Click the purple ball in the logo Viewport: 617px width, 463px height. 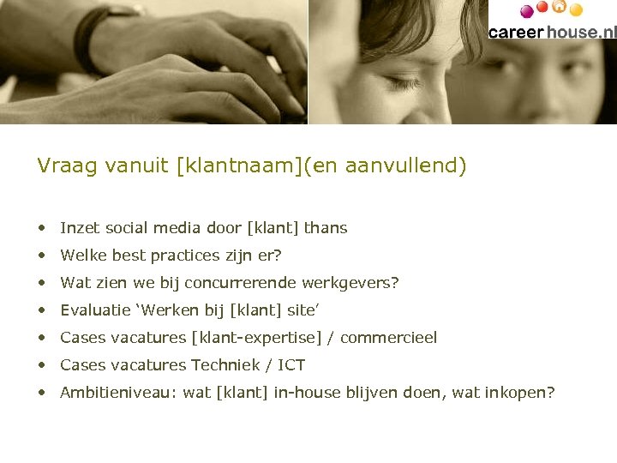coord(527,11)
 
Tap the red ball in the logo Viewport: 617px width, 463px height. coord(542,7)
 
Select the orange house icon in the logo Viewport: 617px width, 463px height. coord(560,7)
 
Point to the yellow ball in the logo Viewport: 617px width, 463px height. coord(576,10)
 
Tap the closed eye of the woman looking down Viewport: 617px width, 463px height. coord(403,83)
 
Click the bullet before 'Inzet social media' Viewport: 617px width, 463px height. coord(42,229)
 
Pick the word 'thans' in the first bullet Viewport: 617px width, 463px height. coord(326,228)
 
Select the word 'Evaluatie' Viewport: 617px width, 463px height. coord(94,310)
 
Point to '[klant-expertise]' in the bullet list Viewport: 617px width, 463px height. coord(258,338)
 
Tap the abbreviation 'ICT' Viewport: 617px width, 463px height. coord(291,365)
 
